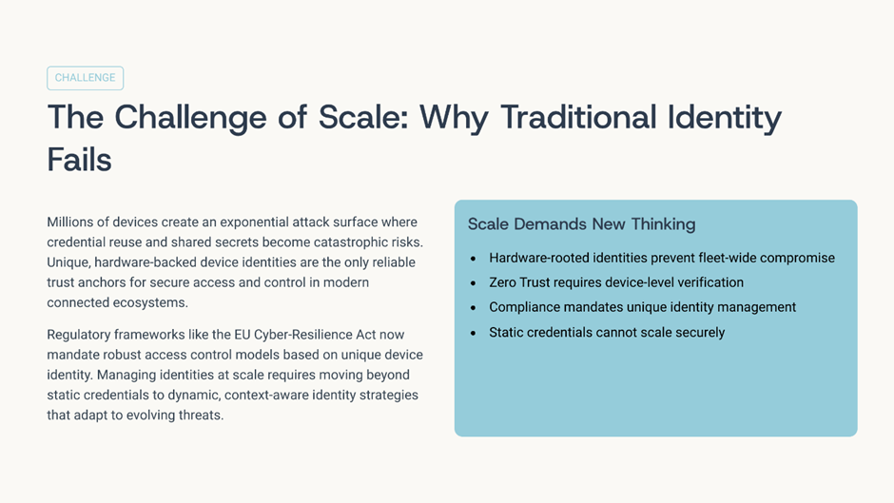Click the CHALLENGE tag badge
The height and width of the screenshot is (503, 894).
click(x=85, y=78)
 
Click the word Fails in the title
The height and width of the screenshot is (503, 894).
click(x=79, y=160)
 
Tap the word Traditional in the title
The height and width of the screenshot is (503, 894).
click(x=578, y=118)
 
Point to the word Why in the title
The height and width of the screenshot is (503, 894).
click(x=454, y=119)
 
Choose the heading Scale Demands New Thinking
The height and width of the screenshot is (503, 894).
click(x=581, y=224)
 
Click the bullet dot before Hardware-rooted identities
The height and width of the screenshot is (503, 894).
click(x=473, y=259)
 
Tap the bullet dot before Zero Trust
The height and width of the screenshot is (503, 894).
click(x=473, y=283)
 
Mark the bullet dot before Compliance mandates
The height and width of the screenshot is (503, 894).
click(x=473, y=308)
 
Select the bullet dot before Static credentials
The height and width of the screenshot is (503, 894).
click(x=473, y=333)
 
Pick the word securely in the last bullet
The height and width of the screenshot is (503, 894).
click(x=700, y=333)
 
